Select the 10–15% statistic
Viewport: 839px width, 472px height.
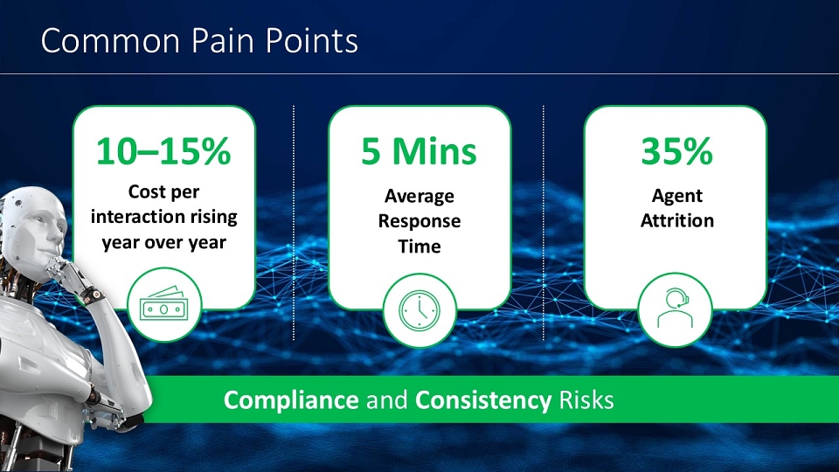tap(163, 151)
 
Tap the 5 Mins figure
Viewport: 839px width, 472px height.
tap(419, 151)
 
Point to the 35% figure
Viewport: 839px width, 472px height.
tap(676, 151)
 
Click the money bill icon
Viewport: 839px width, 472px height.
tap(164, 304)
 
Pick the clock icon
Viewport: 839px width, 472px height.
tap(419, 310)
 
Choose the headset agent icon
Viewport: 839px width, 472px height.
tap(676, 309)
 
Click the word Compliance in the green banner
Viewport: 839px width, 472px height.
tap(291, 400)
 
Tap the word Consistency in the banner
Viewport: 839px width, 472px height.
tap(483, 400)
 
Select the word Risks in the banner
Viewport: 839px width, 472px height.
tap(586, 400)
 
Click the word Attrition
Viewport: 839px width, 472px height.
tap(677, 220)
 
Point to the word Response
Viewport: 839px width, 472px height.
tap(419, 221)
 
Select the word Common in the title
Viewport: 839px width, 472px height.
tap(110, 41)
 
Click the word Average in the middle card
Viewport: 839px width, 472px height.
tap(419, 197)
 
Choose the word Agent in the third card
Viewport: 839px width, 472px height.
tap(676, 197)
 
